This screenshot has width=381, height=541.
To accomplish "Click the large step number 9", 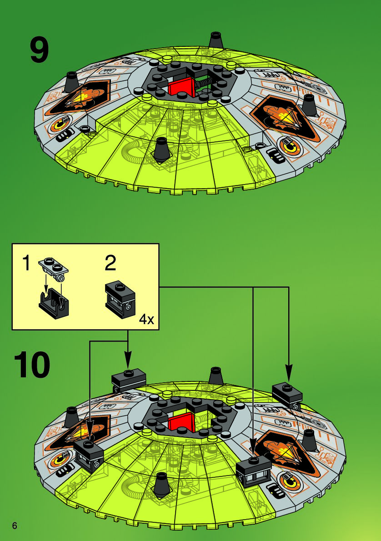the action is click(39, 50).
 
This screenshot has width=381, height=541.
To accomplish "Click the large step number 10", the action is click(32, 366).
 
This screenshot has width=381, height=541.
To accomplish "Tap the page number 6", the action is click(15, 526).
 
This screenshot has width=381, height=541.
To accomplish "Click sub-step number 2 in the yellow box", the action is click(110, 263).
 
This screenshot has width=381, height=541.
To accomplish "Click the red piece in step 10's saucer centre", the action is click(180, 422).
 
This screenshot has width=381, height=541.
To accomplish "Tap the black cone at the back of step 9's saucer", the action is click(216, 40).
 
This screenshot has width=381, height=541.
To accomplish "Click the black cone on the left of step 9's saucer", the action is click(72, 82).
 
